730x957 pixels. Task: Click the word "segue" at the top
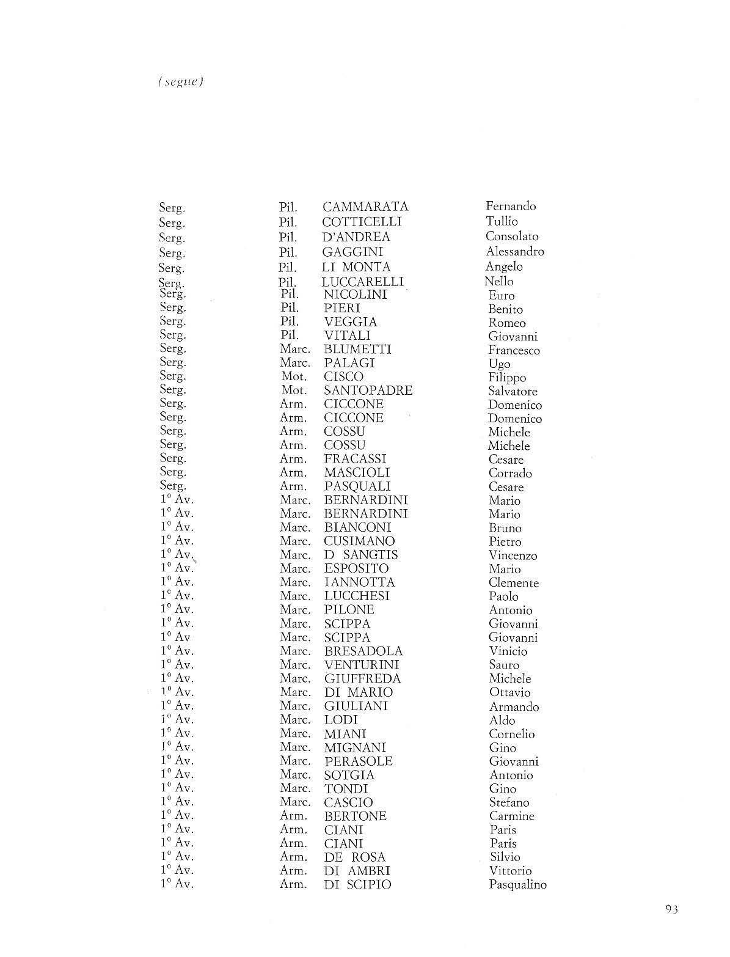pos(180,82)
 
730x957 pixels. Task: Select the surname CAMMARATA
pos(365,207)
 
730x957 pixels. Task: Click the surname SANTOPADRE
pos(368,390)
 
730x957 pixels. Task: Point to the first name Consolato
pos(512,236)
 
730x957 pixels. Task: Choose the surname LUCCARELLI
pos(362,282)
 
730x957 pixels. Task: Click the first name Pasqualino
pos(517,884)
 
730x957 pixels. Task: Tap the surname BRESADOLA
pos(363,651)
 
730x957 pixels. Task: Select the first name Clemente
pos(513,582)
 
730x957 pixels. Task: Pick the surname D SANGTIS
pos(360,555)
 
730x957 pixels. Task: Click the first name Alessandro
pos(514,251)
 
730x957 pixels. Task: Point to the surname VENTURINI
pos(362,665)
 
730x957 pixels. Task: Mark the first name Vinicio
pos(508,651)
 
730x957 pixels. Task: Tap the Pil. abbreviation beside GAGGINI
pos(288,252)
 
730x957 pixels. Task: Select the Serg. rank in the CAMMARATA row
pos(172,208)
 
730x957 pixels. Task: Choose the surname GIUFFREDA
pos(362,678)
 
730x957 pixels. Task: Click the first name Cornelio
pos(511,734)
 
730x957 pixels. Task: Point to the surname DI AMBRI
pos(357,870)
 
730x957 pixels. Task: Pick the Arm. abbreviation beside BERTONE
pos(293,816)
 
